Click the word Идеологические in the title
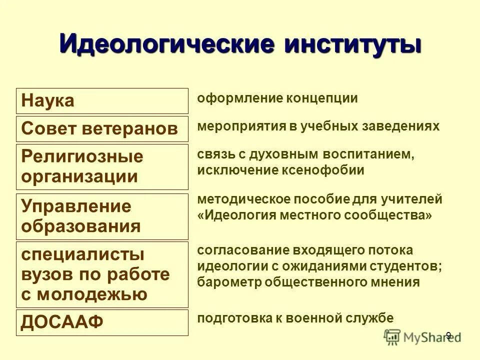click(x=167, y=44)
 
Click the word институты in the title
click(x=353, y=44)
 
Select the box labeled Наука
click(x=102, y=101)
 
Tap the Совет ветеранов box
click(x=102, y=129)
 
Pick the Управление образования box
click(x=102, y=216)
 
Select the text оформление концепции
click(x=277, y=98)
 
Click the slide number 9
click(x=448, y=335)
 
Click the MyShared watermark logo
click(x=422, y=337)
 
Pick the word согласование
click(x=235, y=250)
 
